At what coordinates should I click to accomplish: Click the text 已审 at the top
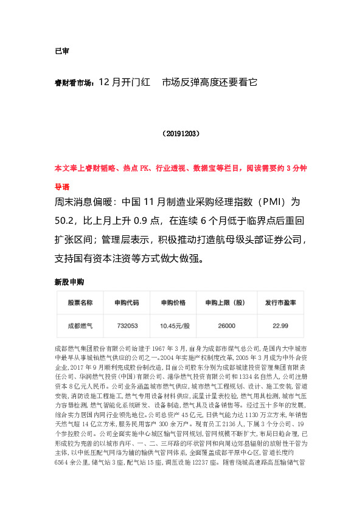pos(61,51)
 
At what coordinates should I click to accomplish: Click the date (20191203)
pos(181,133)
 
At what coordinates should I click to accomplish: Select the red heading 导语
pos(61,187)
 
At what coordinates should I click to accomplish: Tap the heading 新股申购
pos(69,282)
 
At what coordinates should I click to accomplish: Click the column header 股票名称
pos(80,303)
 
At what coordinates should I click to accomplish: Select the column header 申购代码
pos(127,303)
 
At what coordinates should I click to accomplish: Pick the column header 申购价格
pos(173,303)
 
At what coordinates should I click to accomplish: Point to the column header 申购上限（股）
pos(225,303)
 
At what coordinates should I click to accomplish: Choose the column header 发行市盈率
pos(280,303)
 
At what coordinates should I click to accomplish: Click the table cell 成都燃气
pos(80,326)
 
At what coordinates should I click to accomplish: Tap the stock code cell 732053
pos(127,326)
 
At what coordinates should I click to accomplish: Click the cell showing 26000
pos(226,326)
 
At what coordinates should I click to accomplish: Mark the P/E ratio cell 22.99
pos(280,326)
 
